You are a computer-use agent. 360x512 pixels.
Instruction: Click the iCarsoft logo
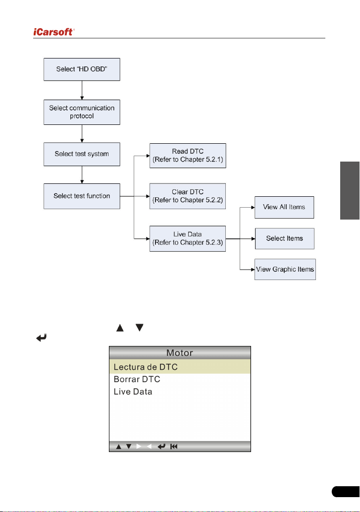(x=54, y=32)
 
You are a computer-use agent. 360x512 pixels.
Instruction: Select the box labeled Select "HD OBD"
(x=82, y=69)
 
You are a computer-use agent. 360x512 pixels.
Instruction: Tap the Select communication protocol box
(x=82, y=112)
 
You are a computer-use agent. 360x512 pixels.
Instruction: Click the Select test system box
(x=82, y=154)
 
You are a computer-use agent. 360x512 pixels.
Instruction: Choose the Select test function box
(x=82, y=196)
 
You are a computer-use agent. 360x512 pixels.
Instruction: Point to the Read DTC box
(x=188, y=156)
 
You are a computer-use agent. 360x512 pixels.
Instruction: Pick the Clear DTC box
(x=188, y=196)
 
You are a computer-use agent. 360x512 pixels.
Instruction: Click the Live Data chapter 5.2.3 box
(x=188, y=238)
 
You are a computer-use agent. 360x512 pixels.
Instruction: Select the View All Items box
(x=284, y=207)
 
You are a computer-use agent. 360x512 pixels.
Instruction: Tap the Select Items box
(x=285, y=239)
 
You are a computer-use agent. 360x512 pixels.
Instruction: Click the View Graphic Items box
(x=285, y=270)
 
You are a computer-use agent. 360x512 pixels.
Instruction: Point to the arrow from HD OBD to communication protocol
(x=82, y=90)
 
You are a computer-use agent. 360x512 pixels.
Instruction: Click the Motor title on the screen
(x=180, y=353)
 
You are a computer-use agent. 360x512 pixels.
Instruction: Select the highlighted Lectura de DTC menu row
(x=180, y=367)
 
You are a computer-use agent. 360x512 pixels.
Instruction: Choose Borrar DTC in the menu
(x=137, y=379)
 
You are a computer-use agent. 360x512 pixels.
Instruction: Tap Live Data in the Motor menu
(x=133, y=392)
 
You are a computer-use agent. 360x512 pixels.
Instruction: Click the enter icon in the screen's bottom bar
(x=161, y=447)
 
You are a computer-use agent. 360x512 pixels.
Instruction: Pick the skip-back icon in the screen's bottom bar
(x=174, y=447)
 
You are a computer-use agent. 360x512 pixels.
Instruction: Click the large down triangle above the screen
(x=140, y=327)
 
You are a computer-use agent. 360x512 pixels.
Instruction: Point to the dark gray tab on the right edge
(x=350, y=190)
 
